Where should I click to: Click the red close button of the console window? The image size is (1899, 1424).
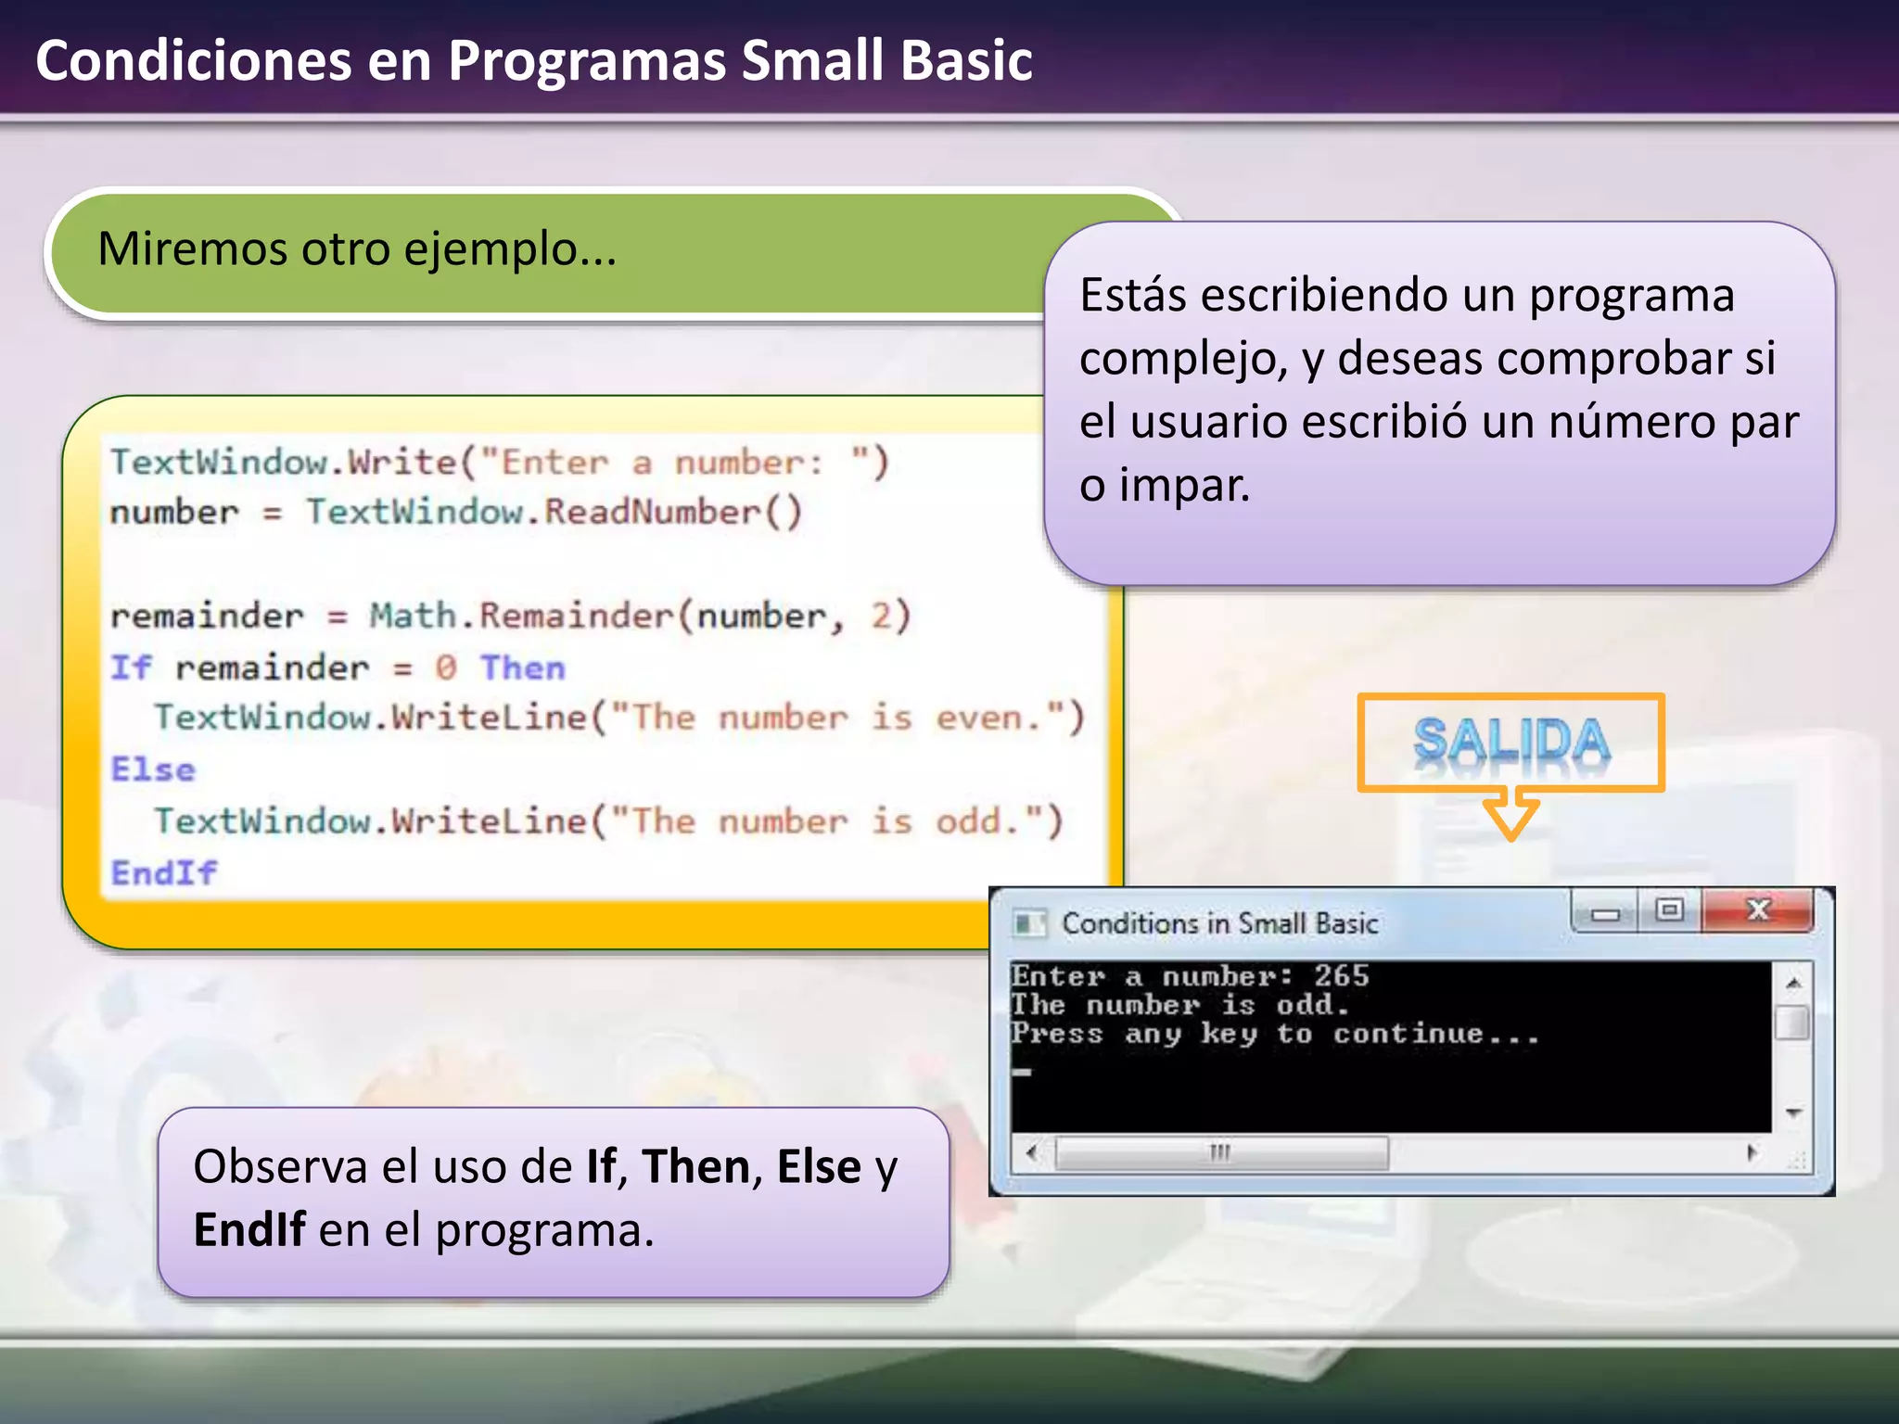[x=1758, y=910]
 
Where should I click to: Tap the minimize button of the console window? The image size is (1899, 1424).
[x=1605, y=913]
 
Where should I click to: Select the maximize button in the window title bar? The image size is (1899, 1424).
[x=1669, y=910]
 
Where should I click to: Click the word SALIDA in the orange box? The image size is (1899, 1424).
[x=1510, y=742]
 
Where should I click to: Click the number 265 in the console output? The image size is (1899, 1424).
[x=1341, y=975]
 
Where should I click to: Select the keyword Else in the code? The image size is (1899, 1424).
[x=153, y=769]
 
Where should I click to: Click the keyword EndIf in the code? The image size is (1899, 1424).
[x=163, y=872]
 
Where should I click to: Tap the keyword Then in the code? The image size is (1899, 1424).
[x=522, y=667]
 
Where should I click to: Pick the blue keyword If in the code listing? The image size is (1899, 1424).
[x=130, y=667]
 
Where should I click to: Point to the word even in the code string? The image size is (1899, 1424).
[x=979, y=718]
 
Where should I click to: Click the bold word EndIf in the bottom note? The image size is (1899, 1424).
[x=249, y=1230]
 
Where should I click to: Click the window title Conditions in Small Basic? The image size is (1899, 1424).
[x=1219, y=923]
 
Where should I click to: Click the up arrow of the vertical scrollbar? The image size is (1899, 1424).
[x=1794, y=983]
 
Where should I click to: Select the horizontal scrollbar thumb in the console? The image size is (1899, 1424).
[x=1220, y=1152]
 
